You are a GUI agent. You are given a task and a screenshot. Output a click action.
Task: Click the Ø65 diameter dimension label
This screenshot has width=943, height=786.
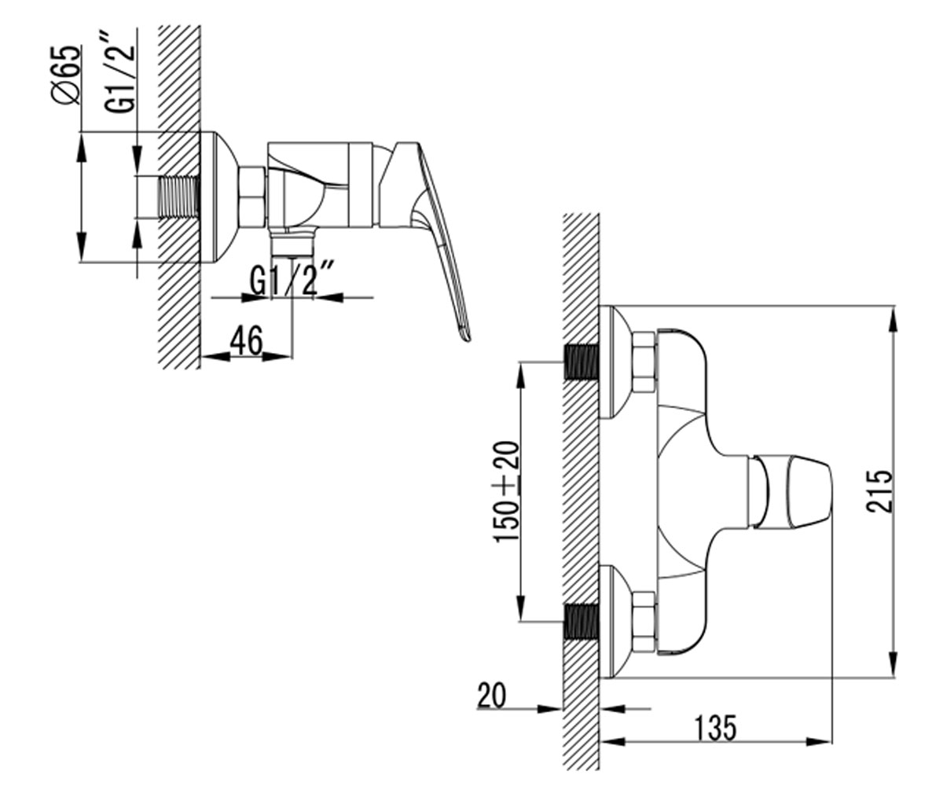[x=66, y=75]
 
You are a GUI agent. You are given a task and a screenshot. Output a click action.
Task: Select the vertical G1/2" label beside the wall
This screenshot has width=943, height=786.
[x=119, y=72]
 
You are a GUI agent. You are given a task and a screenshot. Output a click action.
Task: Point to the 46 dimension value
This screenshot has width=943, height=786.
[x=246, y=340]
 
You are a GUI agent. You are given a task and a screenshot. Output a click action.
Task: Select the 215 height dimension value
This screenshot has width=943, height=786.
[x=879, y=491]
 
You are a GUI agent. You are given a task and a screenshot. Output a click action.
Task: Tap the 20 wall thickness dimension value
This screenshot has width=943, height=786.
[x=492, y=696]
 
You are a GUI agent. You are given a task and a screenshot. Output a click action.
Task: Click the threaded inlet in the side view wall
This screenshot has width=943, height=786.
[x=178, y=197]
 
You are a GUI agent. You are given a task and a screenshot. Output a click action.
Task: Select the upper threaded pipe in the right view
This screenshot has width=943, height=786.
[x=582, y=362]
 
